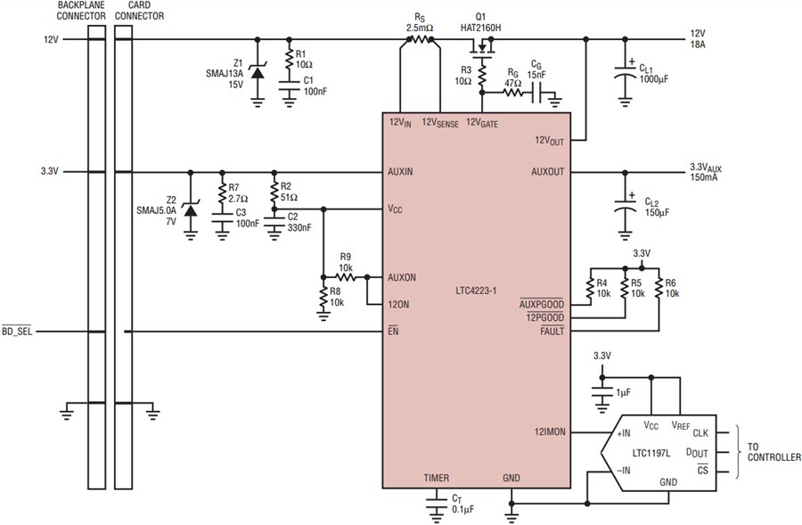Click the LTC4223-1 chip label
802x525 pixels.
tap(476, 291)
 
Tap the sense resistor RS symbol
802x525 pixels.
tap(420, 39)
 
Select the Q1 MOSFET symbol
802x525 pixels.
tap(482, 47)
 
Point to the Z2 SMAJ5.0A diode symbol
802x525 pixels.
tap(191, 209)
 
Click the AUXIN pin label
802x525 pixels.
tap(400, 172)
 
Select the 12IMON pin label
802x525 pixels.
tap(550, 432)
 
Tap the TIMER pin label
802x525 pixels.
tap(437, 478)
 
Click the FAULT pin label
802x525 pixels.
tap(552, 331)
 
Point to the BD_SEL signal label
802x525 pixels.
tap(17, 332)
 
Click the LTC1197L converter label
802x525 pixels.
tap(651, 453)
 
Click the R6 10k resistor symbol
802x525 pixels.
tap(659, 288)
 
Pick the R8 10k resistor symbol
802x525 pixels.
tap(323, 297)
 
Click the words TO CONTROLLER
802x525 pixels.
tap(773, 452)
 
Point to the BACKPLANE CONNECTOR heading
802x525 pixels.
tap(81, 11)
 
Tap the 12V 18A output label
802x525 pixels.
tap(698, 39)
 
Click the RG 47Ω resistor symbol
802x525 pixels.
tap(513, 93)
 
